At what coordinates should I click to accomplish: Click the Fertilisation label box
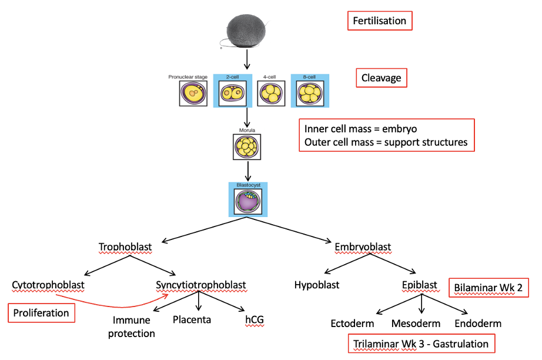click(x=380, y=21)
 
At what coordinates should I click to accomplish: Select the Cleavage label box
click(x=382, y=78)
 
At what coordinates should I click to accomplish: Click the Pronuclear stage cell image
click(x=193, y=94)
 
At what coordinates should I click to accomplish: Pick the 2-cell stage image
click(x=233, y=94)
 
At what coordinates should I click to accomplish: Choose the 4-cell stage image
click(x=272, y=94)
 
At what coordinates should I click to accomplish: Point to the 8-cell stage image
click(x=310, y=94)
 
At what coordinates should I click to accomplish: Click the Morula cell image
click(x=247, y=147)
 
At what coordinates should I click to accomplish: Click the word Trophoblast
click(x=125, y=247)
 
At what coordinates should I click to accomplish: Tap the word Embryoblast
click(x=363, y=247)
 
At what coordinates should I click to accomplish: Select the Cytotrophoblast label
click(x=48, y=285)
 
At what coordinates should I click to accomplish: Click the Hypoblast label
click(x=317, y=285)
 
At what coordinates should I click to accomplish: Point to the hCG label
click(x=255, y=319)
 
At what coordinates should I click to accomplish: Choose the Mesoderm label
click(x=416, y=324)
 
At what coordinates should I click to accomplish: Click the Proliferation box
click(x=41, y=313)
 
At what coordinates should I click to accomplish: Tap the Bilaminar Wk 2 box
click(x=489, y=288)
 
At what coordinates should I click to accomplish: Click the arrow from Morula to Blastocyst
click(x=248, y=171)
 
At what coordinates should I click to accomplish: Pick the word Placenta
click(x=192, y=319)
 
